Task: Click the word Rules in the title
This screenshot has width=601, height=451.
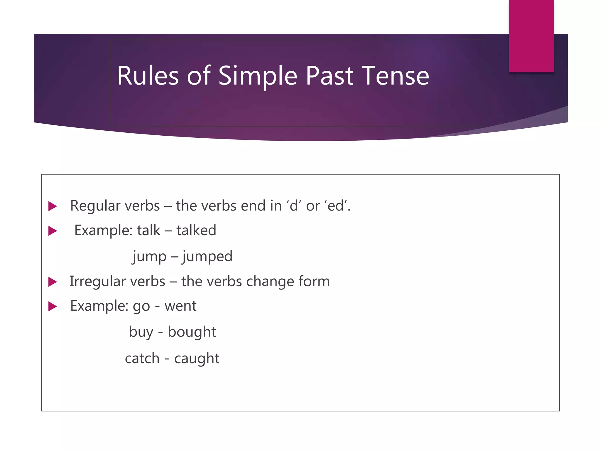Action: coord(148,76)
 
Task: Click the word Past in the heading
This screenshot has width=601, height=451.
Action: coord(329,76)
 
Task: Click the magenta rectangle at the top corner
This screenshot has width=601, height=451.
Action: coord(531,36)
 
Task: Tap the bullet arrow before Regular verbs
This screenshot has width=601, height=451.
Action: coord(53,206)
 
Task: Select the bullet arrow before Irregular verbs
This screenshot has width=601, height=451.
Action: coord(53,282)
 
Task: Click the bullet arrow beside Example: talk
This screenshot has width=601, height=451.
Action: coord(53,231)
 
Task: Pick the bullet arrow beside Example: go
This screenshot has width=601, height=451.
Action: coord(53,307)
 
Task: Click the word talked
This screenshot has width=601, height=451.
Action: coord(196,230)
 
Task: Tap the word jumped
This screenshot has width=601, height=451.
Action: coord(207,256)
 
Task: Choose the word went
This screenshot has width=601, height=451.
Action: coord(180,306)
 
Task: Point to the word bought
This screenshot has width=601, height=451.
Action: coord(192,332)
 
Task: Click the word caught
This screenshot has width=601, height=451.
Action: coord(197,359)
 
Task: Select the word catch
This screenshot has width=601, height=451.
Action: coord(142,359)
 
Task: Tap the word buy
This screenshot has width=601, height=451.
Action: coord(141,332)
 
